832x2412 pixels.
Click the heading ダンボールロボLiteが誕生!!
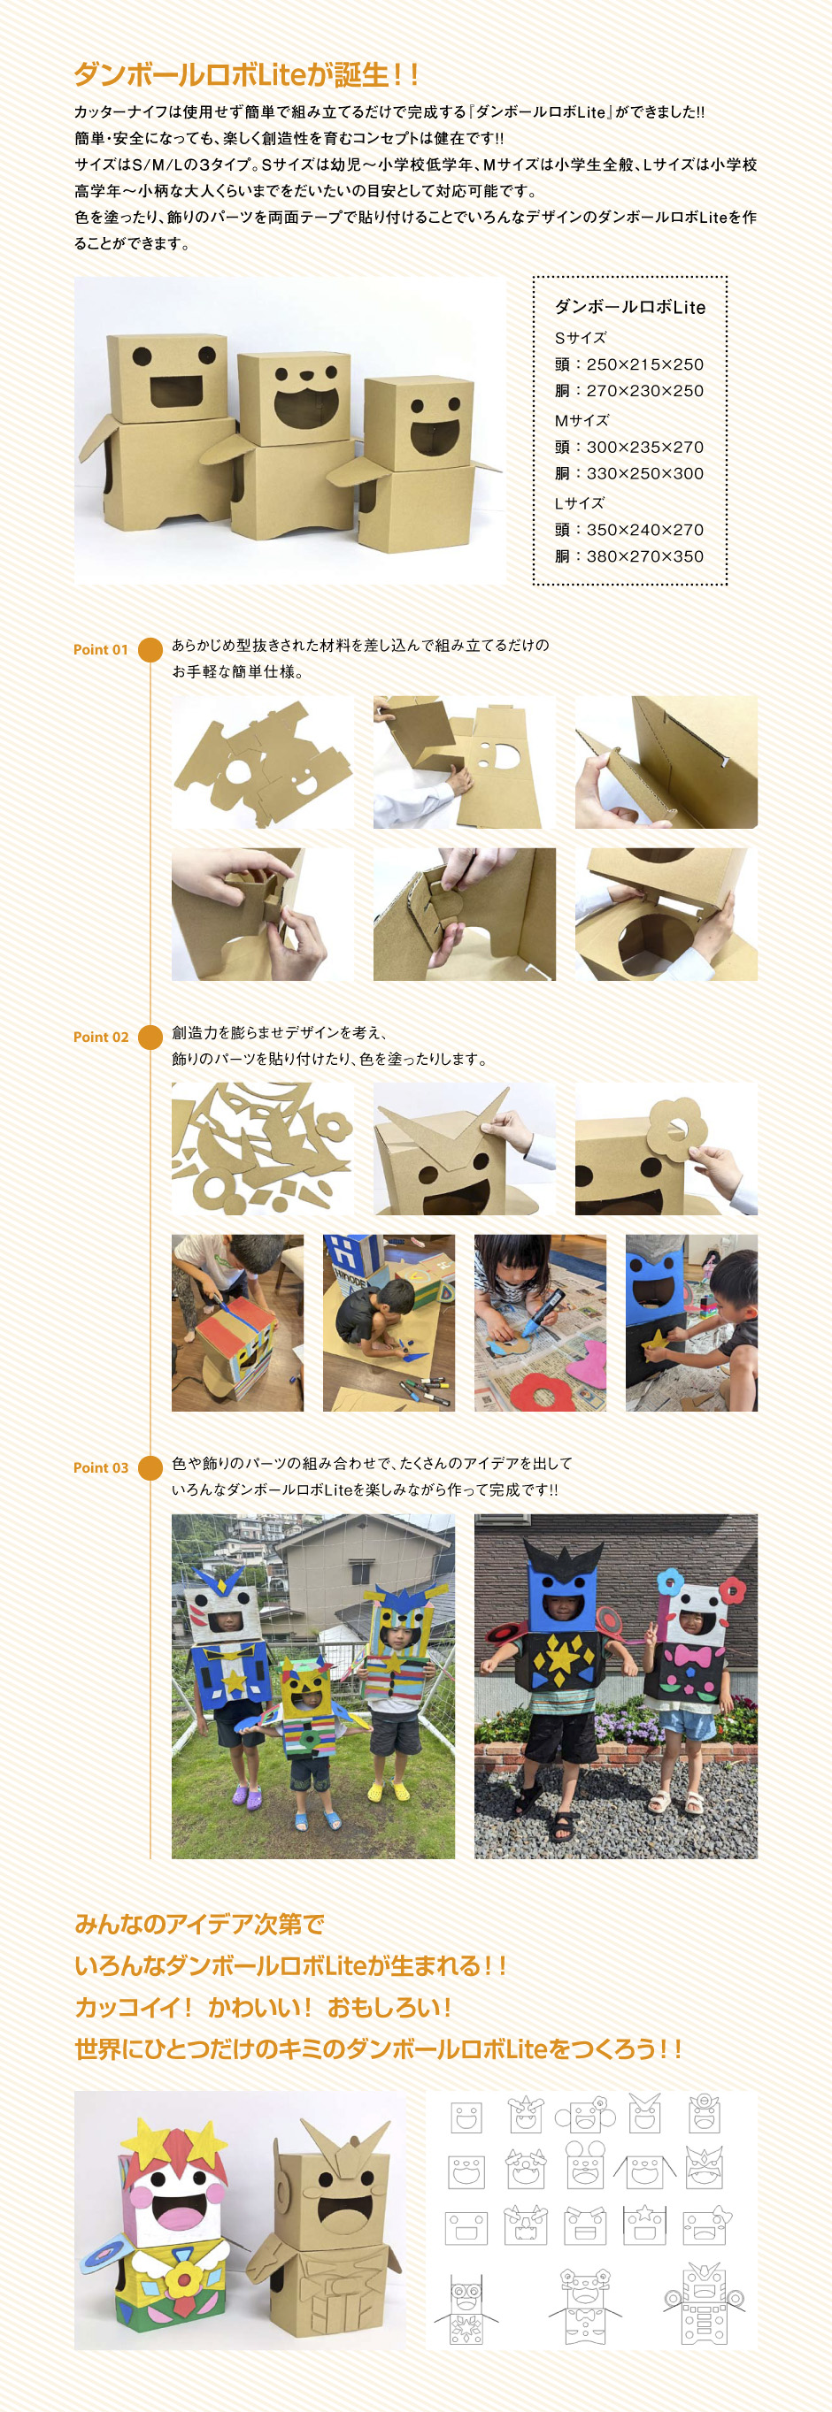246,74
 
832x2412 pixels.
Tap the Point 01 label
100,650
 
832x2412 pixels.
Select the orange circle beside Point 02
150,1038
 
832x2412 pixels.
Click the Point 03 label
100,1468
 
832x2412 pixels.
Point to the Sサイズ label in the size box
580,338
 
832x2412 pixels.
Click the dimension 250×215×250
644,364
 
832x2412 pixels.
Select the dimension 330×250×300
644,474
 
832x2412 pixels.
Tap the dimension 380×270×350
644,556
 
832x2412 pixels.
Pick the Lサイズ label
579,502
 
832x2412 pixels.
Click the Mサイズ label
581,420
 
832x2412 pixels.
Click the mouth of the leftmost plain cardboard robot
177,392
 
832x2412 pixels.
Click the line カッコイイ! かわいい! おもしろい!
263,2008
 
